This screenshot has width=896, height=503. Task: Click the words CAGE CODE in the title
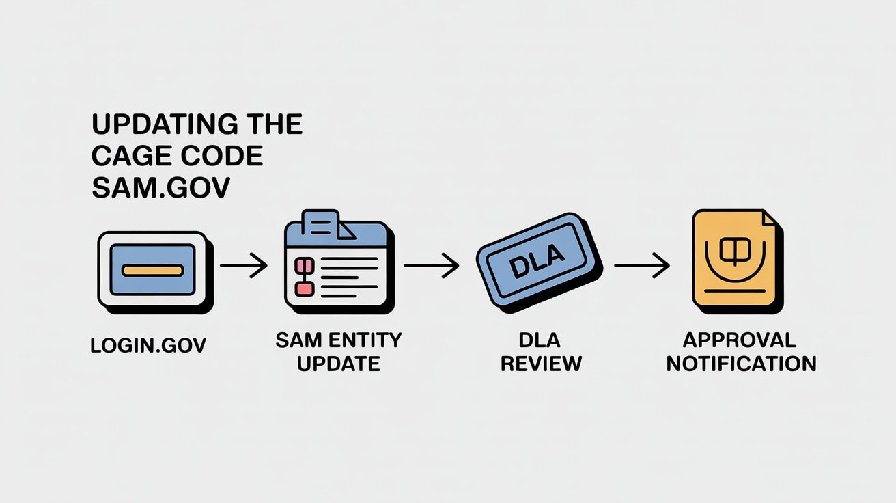[177, 157]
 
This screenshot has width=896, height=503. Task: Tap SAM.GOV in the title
[160, 188]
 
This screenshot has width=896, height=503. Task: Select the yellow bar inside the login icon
[152, 270]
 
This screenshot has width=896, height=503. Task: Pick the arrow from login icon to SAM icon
[243, 266]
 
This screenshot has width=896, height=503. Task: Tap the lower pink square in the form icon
[303, 289]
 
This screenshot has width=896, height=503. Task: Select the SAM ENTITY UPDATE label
[339, 351]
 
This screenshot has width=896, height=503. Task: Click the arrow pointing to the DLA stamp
[432, 266]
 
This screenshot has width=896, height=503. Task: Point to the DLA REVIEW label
[540, 351]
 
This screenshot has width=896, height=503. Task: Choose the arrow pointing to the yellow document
[641, 266]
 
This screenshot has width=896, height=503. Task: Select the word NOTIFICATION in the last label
[741, 363]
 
